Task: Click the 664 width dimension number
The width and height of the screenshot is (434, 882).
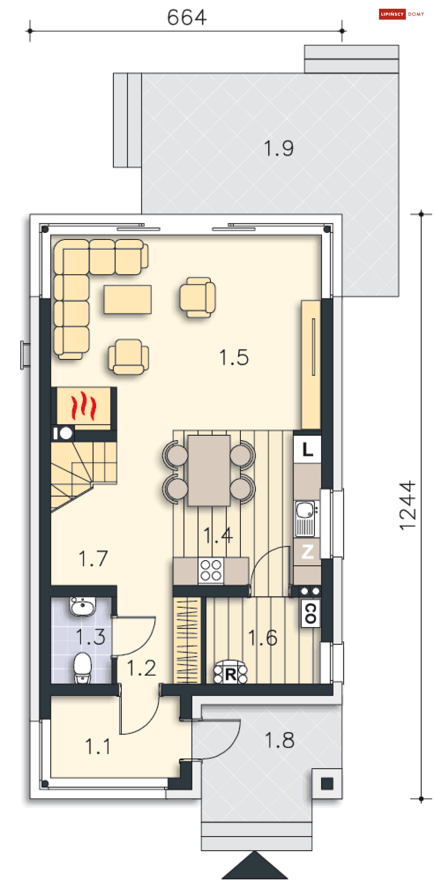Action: coord(187,17)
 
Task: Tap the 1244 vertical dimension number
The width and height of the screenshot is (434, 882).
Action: coord(408,506)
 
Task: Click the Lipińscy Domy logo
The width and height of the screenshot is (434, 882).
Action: coord(402,14)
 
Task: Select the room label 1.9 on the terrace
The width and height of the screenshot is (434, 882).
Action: coord(279,148)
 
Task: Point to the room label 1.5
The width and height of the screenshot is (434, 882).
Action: coord(234,358)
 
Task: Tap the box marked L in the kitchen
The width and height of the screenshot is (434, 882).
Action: coord(308,449)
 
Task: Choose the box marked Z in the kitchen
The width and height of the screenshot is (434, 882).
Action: coord(308,552)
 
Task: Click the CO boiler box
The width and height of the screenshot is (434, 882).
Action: coord(311,613)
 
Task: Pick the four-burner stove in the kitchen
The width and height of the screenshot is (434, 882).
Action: coord(211,571)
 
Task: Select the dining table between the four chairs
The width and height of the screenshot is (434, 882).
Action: coord(209,470)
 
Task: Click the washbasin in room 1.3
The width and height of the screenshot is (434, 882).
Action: coord(83,607)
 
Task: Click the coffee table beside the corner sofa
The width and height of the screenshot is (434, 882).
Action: coord(127,299)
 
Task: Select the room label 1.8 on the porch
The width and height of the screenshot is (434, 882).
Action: coord(280,740)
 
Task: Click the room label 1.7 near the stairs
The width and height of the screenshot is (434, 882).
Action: coord(93,558)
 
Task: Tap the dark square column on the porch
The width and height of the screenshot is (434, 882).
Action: coord(327,783)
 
